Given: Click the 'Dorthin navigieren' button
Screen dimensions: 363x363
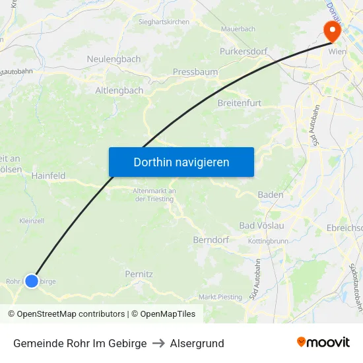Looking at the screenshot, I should [x=181, y=162].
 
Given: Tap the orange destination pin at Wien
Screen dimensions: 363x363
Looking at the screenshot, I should [x=331, y=30].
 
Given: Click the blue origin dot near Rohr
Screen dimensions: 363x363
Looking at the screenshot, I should [x=31, y=280].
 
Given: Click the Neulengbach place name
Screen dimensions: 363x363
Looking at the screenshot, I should [x=114, y=59].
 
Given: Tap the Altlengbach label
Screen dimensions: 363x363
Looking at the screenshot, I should [x=119, y=90].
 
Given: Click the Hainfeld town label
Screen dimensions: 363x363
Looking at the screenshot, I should [x=48, y=176].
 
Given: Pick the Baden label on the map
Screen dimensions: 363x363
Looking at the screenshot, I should [x=271, y=195].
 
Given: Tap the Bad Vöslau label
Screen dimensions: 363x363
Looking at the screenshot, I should [x=261, y=226].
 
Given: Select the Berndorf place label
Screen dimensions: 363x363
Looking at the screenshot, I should [x=211, y=240].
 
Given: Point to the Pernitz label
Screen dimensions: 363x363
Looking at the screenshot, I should [x=139, y=273].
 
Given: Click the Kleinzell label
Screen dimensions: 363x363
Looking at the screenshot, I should [x=32, y=220].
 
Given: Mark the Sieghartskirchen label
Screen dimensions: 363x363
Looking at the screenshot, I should [x=164, y=22].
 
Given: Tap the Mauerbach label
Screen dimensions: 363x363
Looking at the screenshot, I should [x=238, y=30].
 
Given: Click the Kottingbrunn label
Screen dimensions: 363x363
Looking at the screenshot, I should [x=268, y=241].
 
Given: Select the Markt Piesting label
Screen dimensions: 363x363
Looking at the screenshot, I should [x=220, y=297].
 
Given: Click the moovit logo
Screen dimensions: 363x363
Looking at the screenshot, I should [x=323, y=342].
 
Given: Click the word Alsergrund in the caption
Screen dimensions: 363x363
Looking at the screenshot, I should [x=197, y=343].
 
